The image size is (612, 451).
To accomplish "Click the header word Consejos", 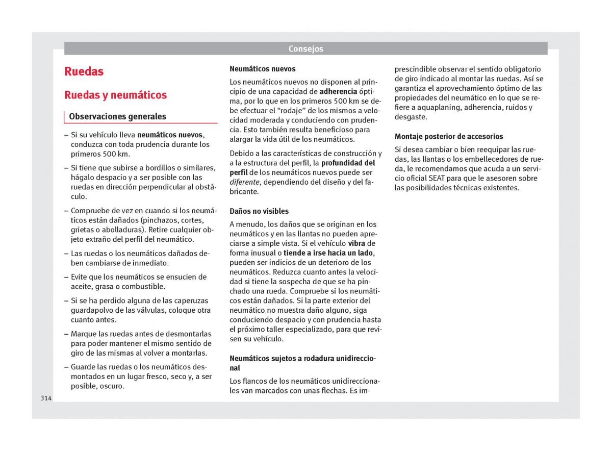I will [305, 49].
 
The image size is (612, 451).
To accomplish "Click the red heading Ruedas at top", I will [84, 71].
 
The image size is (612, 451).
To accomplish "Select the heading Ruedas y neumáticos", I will [116, 95].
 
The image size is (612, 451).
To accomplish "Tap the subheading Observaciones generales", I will [117, 116].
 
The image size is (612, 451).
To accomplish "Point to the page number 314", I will [46, 398].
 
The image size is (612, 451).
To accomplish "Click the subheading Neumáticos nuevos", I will [262, 69].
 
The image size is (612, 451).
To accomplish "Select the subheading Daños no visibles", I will [259, 211].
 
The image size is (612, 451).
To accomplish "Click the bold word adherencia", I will [338, 91].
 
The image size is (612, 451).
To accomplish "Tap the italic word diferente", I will [244, 182].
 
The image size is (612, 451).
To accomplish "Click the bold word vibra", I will [356, 243].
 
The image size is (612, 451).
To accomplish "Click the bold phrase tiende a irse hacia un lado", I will [328, 253].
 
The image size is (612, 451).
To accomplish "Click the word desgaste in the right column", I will [411, 117].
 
